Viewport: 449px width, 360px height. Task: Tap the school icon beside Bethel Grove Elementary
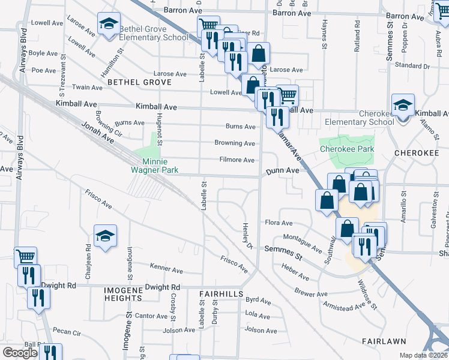[109, 25]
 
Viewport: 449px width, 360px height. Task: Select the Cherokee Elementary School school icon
[403, 106]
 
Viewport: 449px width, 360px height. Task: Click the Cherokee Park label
[346, 149]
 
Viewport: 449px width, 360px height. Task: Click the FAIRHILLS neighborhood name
[221, 294]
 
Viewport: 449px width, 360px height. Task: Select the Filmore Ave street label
[237, 160]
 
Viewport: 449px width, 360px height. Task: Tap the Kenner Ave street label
[166, 266]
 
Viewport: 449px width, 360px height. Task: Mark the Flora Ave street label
[279, 223]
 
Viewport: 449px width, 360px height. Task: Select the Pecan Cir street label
[66, 331]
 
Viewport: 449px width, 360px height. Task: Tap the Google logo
[20, 353]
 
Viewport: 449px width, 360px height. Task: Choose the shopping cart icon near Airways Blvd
[25, 257]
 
